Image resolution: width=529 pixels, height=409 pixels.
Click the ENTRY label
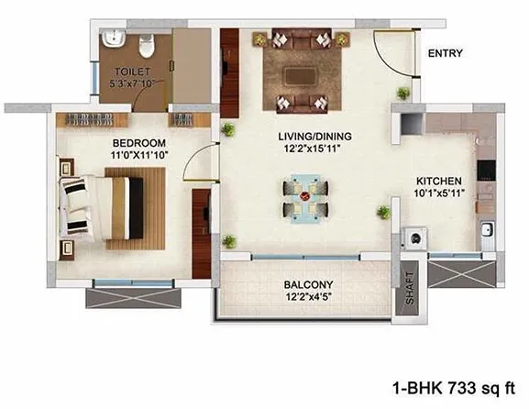pos(446,53)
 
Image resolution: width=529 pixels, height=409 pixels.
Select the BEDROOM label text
pos(139,143)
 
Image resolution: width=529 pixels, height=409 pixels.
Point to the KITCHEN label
pos(438,181)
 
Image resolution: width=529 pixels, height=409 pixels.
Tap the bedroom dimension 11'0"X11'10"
pos(139,157)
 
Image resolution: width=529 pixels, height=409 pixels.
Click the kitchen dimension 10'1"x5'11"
pos(438,194)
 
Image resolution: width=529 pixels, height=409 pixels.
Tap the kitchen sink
pos(488,229)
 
